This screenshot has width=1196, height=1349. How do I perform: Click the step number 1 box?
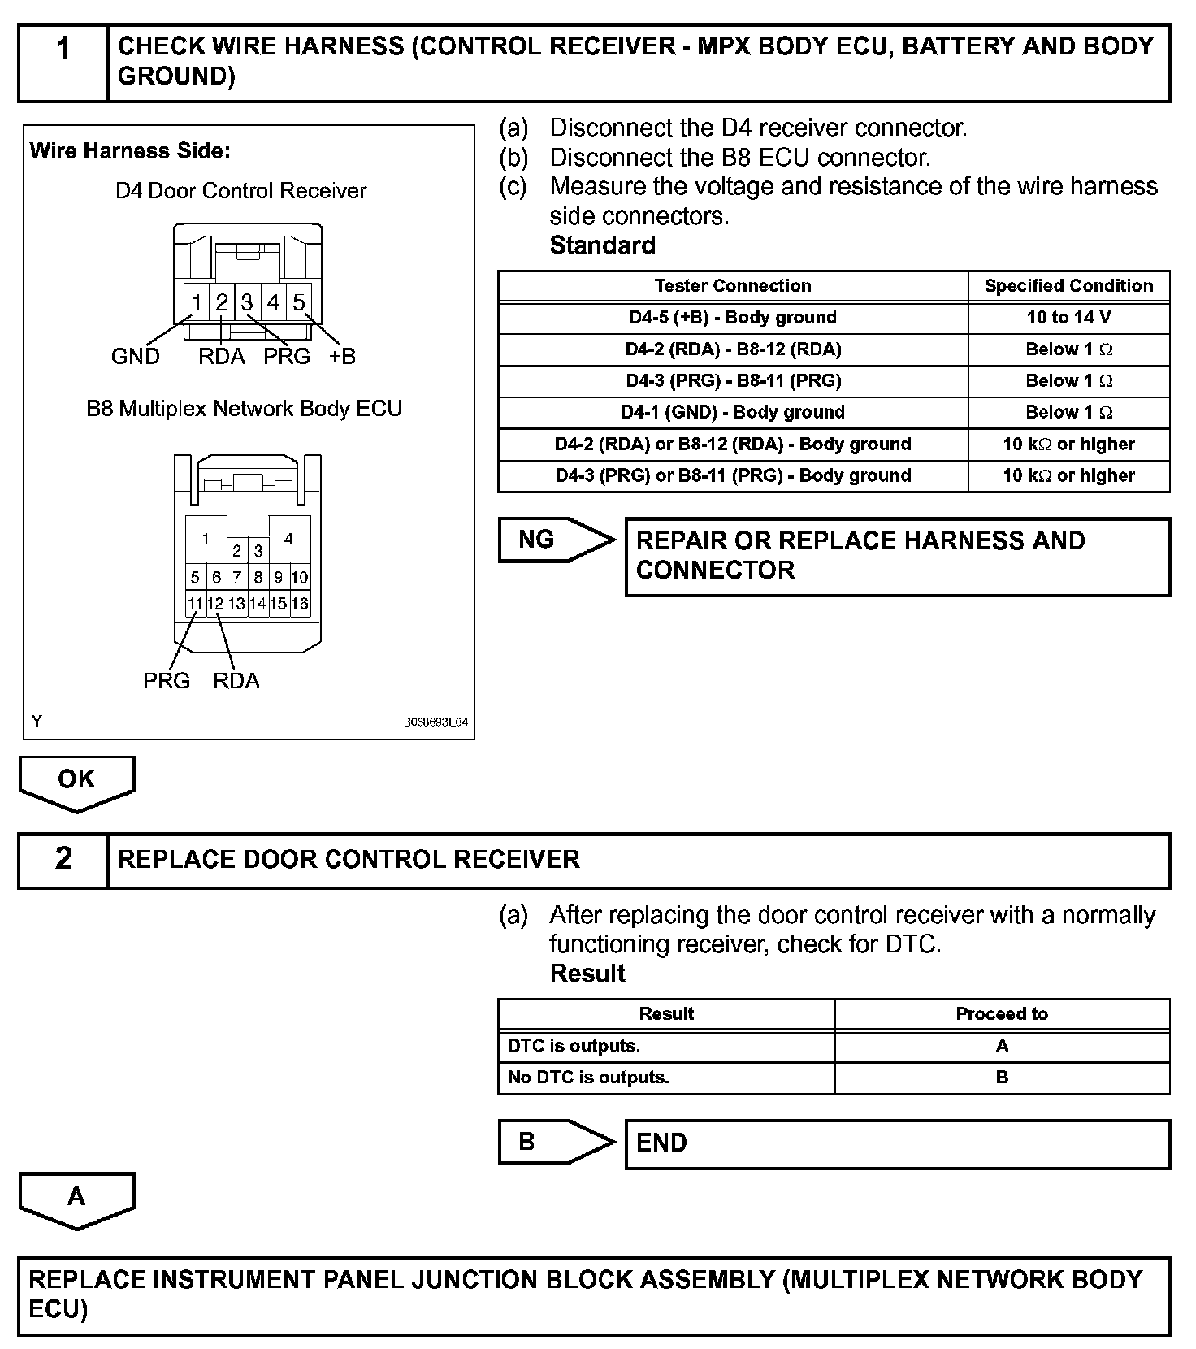63,63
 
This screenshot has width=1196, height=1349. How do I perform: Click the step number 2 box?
63,860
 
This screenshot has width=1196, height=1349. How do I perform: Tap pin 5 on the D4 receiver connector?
298,302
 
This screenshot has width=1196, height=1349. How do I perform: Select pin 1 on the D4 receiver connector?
197,302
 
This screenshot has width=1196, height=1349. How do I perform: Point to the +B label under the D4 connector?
342,357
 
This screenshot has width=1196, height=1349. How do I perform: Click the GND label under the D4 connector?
135,357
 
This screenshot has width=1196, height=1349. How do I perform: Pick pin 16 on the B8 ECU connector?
300,604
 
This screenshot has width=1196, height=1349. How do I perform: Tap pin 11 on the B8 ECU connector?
195,604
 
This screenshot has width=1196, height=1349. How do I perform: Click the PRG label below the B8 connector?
167,681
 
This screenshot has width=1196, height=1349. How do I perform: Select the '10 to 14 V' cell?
1068,318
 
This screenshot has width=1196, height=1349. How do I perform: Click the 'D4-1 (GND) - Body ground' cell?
732,413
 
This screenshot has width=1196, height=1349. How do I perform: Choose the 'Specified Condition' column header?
1068,286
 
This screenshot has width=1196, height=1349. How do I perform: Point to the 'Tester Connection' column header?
732,286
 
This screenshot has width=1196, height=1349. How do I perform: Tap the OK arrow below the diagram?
76,781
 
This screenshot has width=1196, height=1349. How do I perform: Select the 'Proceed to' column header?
1002,1014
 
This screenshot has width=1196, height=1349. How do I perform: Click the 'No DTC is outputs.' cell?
588,1078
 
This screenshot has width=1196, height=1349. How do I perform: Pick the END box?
898,1144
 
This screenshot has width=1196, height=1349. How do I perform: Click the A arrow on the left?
76,1198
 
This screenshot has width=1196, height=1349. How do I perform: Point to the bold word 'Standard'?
602,245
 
